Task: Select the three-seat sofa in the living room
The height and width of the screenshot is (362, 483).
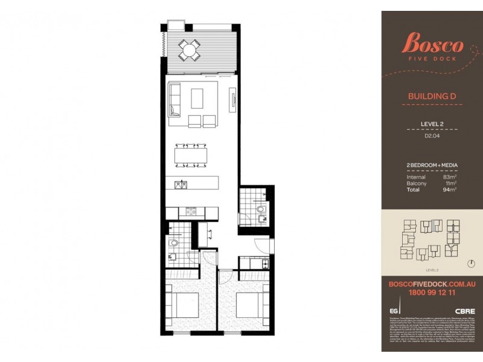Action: click(x=174, y=100)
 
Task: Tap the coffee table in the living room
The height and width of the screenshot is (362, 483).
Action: click(x=197, y=98)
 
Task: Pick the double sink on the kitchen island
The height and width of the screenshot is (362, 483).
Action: click(x=179, y=184)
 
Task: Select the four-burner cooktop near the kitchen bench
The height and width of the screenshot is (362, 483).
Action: click(x=191, y=212)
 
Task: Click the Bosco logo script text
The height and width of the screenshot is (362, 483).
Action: click(x=432, y=44)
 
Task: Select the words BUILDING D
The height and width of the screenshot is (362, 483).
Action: click(x=431, y=96)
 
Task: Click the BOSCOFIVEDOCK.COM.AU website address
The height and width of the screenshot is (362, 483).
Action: click(x=432, y=282)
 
